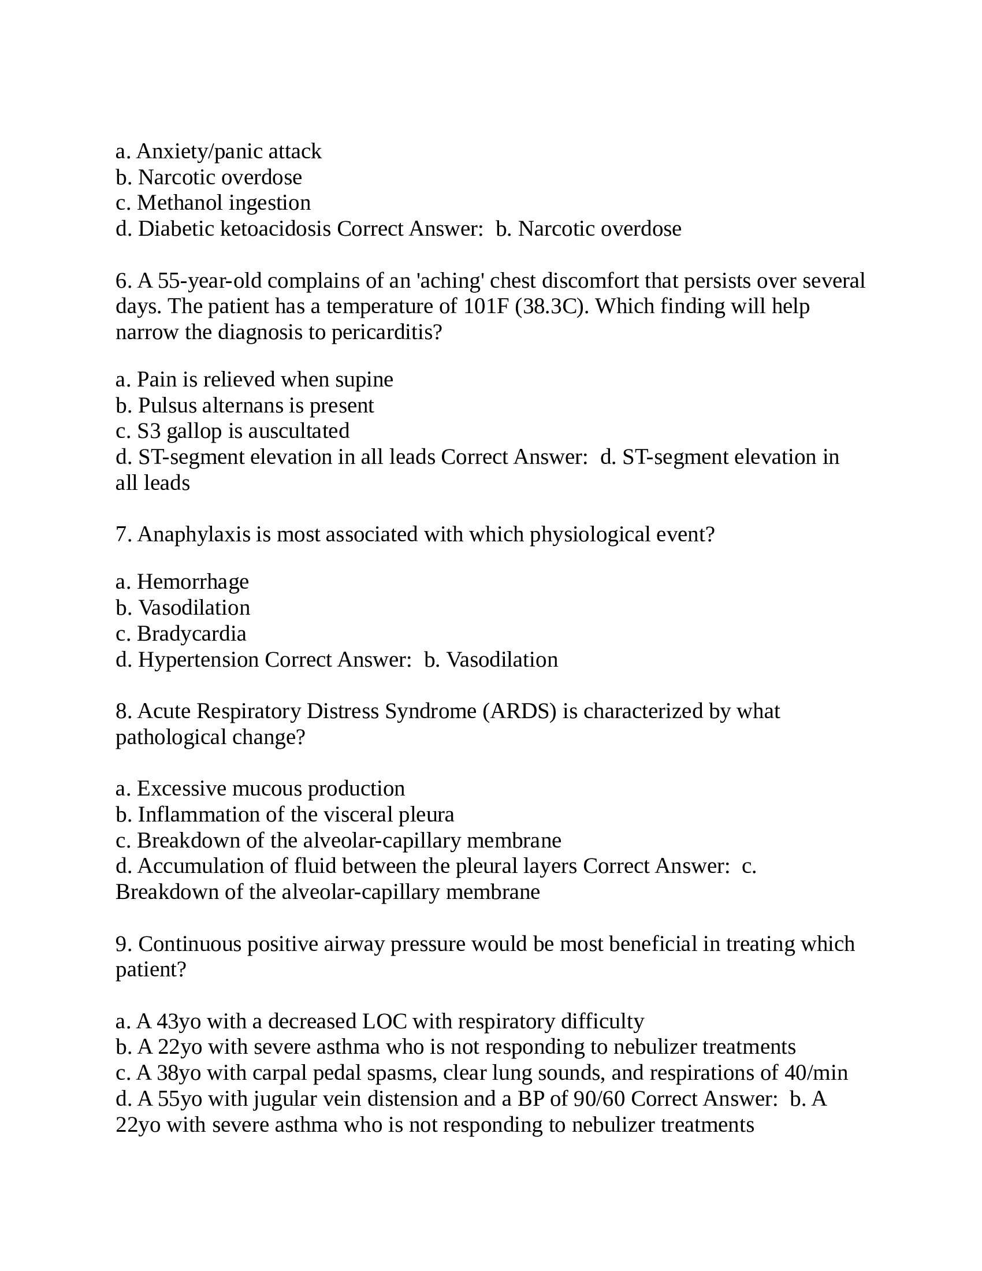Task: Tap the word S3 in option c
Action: (x=148, y=431)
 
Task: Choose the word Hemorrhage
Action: (x=192, y=582)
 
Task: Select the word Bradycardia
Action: (x=191, y=634)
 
